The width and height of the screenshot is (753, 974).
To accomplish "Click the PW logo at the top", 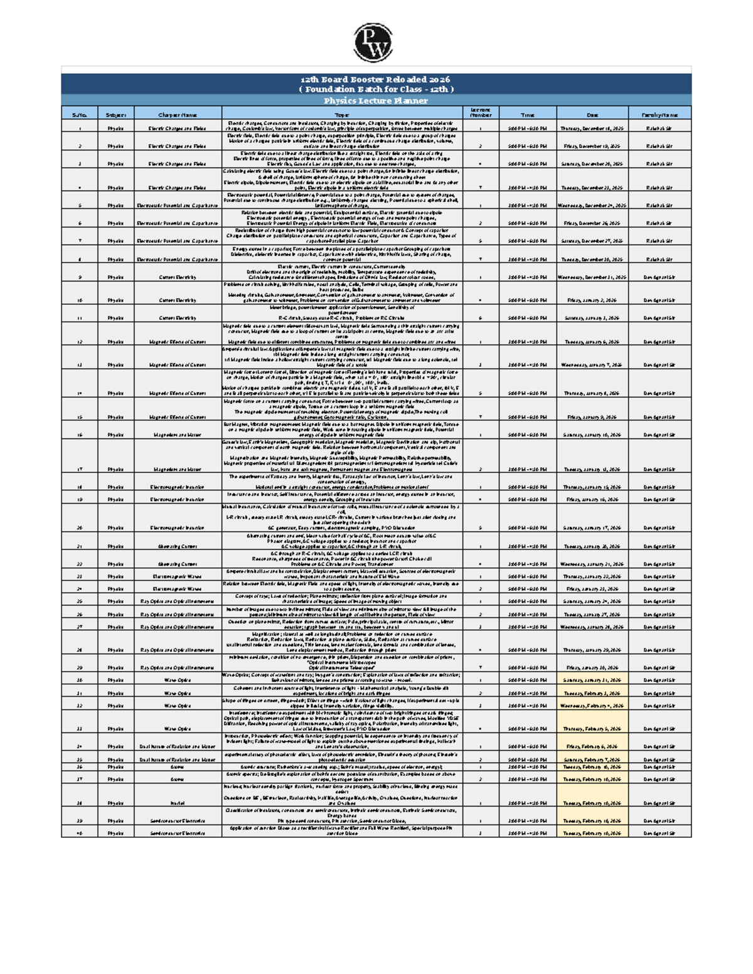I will click(373, 43).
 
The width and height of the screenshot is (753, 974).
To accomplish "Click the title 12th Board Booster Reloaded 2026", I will click(376, 80).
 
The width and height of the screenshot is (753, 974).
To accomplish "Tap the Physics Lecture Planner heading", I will click(376, 100).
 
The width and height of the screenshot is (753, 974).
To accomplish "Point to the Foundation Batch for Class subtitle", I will click(376, 89).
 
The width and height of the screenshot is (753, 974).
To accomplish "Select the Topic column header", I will click(342, 115).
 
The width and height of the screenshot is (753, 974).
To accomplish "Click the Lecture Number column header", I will click(481, 112).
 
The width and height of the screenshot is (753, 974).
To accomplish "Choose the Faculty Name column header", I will click(660, 115).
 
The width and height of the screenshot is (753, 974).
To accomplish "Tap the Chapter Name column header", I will click(178, 115).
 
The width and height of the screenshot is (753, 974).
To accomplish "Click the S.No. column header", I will click(80, 115).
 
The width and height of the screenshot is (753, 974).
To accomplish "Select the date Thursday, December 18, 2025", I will click(592, 129).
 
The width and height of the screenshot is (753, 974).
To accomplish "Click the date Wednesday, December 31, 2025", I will click(592, 277).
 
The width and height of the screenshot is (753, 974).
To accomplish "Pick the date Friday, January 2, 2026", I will click(592, 300).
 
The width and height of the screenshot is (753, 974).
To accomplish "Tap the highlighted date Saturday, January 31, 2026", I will click(592, 680).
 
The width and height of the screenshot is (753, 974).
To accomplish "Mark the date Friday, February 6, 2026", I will click(592, 746).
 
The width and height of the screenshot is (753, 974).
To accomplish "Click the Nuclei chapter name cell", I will click(178, 803).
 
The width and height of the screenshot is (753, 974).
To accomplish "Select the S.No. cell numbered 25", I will click(80, 601).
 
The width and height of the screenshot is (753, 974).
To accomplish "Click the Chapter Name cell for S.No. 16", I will click(178, 435).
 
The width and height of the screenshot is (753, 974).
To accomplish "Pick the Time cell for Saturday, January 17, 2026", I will click(527, 528).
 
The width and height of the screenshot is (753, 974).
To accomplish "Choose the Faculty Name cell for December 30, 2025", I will click(660, 259).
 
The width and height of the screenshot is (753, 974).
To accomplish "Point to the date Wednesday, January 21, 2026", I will click(592, 564).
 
